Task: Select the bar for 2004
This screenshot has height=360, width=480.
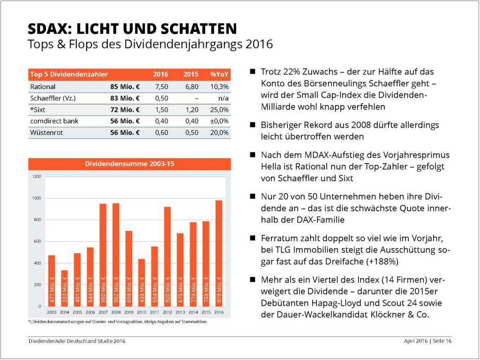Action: click(x=64, y=288)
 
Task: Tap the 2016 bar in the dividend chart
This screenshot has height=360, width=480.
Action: click(x=218, y=253)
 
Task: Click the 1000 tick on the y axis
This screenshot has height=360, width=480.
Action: click(x=37, y=198)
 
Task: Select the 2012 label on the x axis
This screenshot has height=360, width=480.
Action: click(x=167, y=313)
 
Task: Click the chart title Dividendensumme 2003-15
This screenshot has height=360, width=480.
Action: click(x=130, y=164)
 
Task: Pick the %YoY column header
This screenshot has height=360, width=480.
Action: click(x=219, y=74)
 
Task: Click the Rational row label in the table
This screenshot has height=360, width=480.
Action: click(x=43, y=87)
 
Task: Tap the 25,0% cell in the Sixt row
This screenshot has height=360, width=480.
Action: click(x=220, y=110)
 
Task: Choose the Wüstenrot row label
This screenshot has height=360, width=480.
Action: click(x=46, y=133)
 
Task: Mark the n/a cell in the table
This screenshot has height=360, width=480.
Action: click(x=224, y=98)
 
